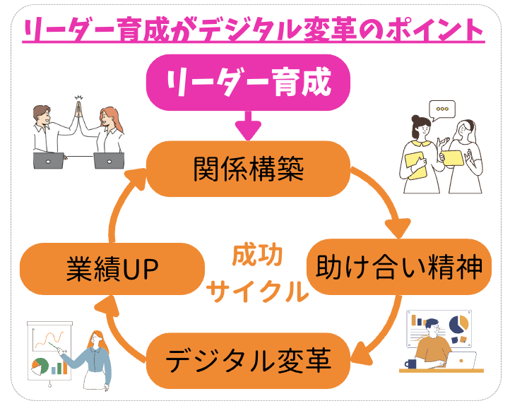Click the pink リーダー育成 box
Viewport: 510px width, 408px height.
tap(248, 83)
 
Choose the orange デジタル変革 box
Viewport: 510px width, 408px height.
tap(248, 363)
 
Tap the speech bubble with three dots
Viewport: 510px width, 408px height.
tap(442, 109)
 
